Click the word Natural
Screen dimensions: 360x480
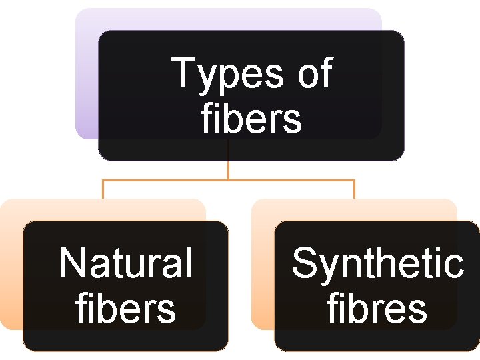click(x=125, y=263)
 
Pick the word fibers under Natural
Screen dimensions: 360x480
click(x=126, y=309)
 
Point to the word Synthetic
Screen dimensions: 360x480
click(x=377, y=263)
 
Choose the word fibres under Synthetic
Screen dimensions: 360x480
click(x=377, y=309)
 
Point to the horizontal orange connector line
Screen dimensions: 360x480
click(x=167, y=180)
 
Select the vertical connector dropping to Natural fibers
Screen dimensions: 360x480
click(x=103, y=189)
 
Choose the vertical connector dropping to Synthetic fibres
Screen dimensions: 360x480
click(x=354, y=189)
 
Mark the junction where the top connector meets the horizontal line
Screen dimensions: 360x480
click(x=229, y=180)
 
